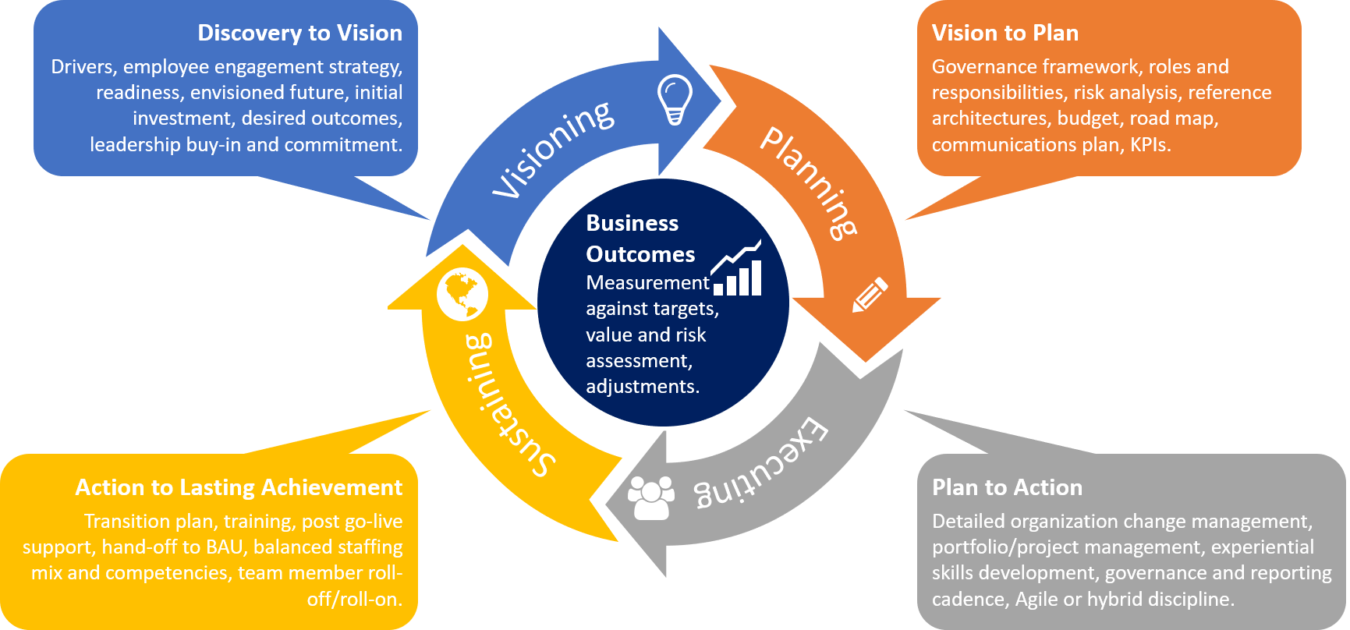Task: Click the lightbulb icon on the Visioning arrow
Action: [x=675, y=99]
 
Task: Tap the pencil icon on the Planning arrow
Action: [x=870, y=295]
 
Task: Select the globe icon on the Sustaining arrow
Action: [x=462, y=296]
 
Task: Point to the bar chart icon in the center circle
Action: [x=737, y=269]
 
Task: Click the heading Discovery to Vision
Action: [x=299, y=33]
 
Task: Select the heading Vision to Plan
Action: [x=1005, y=33]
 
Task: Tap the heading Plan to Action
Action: [x=1007, y=487]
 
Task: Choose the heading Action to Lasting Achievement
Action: [x=239, y=487]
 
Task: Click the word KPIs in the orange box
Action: [x=1150, y=145]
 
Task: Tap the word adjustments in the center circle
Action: [x=642, y=387]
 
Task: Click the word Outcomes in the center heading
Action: [x=640, y=255]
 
